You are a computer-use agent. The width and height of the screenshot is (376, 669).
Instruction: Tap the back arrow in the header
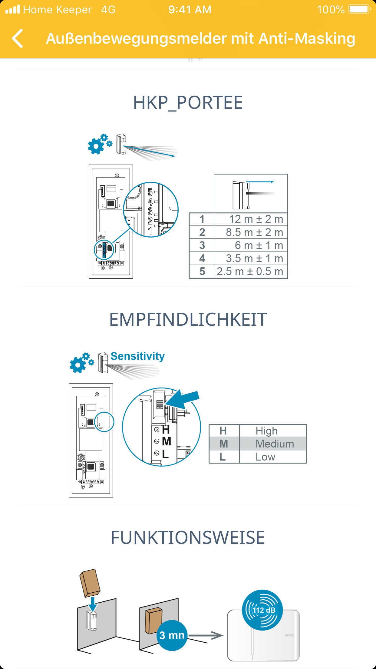[18, 38]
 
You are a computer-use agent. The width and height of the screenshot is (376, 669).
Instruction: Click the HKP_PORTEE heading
[188, 103]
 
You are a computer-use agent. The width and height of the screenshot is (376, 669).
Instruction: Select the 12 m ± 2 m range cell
[251, 219]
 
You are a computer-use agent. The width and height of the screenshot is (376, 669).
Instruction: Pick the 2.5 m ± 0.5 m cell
[251, 271]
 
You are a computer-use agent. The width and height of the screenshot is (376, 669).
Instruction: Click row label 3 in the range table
[202, 245]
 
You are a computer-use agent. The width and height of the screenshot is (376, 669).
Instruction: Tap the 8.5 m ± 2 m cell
[251, 232]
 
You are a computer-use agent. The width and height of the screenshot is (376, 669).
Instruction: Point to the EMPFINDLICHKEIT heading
[188, 319]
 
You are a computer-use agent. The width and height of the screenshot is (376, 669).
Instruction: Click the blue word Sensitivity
[137, 356]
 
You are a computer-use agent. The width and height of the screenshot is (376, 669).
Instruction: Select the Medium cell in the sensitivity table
[273, 444]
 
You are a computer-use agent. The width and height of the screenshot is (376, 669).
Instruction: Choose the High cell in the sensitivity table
[273, 431]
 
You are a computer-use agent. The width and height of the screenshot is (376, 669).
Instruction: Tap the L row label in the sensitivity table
[223, 457]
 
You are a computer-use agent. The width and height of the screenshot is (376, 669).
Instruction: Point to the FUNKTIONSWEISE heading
[188, 538]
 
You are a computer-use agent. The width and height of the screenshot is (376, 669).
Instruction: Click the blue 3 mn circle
[172, 635]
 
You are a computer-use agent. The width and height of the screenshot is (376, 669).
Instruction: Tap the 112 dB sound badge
[262, 610]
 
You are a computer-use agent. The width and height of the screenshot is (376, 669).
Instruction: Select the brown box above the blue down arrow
[90, 582]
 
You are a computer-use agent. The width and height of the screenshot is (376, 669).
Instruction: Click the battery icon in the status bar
[360, 9]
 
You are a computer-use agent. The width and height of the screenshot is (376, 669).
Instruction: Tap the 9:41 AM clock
[190, 10]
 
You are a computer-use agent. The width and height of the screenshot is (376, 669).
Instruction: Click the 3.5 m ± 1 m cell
[251, 258]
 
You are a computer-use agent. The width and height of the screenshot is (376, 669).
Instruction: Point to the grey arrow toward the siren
[206, 635]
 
